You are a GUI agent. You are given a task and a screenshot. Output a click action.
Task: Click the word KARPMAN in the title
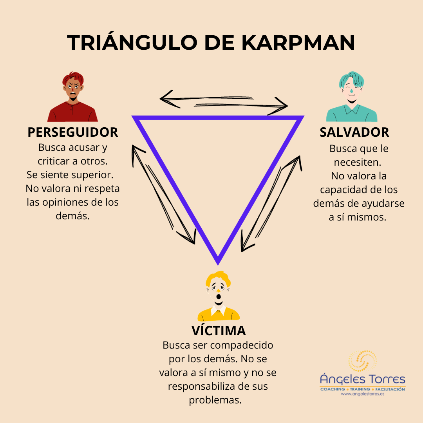(298, 43)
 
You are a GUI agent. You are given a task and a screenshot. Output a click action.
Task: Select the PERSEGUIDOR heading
(73, 132)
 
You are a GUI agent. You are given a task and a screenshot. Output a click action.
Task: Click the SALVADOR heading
(354, 132)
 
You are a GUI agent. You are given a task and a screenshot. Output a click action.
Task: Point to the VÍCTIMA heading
(219, 331)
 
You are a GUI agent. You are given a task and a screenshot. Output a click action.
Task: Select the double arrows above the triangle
(224, 102)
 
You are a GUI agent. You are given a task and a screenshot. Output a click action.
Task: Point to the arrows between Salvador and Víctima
(271, 204)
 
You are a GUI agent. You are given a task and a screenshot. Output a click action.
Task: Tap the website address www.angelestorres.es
(362, 394)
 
